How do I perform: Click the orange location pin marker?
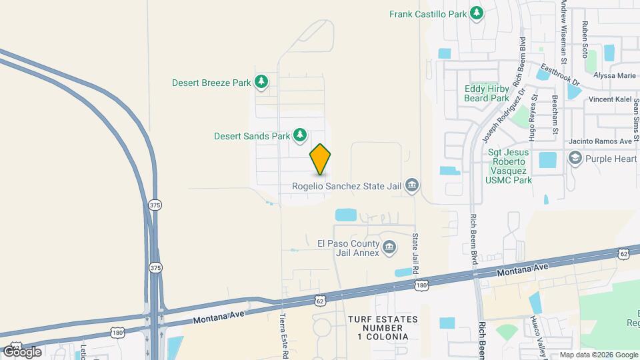(x=321, y=159)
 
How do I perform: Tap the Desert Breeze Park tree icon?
(x=263, y=82)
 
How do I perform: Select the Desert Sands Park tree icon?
(x=300, y=135)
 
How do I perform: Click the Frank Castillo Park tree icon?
(x=476, y=13)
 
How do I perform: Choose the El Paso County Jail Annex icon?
(x=389, y=248)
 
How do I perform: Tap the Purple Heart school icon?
(x=575, y=159)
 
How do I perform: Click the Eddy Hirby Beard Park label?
(x=487, y=93)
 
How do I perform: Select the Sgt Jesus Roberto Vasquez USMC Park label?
(x=509, y=166)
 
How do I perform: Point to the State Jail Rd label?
(x=415, y=254)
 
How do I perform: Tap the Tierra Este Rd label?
(x=283, y=336)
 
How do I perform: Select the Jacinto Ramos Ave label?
(x=600, y=141)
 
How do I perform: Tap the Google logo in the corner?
(x=22, y=351)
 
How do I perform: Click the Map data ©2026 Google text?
(x=599, y=355)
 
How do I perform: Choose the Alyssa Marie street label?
(x=615, y=75)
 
